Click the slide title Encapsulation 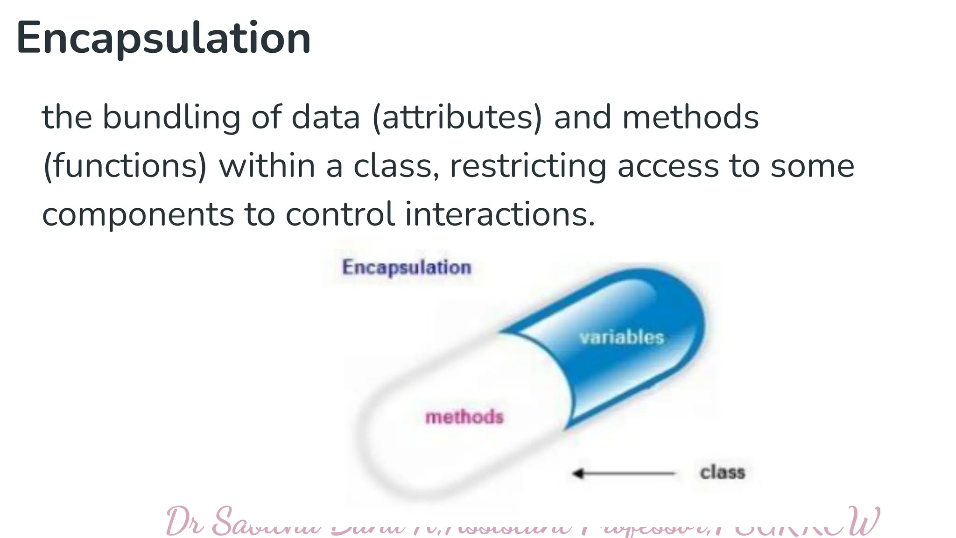pyautogui.click(x=163, y=38)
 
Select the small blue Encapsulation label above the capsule pyautogui.click(x=407, y=268)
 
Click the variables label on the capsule pyautogui.click(x=621, y=337)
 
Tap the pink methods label pyautogui.click(x=464, y=417)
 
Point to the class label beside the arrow pyautogui.click(x=722, y=472)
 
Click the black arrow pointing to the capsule pyautogui.click(x=623, y=474)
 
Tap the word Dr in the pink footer pyautogui.click(x=185, y=522)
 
